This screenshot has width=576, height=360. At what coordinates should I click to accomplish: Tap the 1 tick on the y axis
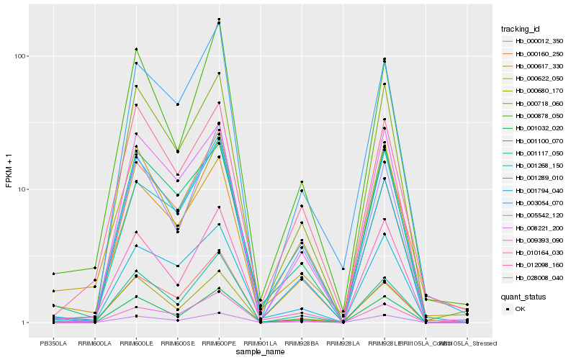pos(24,323)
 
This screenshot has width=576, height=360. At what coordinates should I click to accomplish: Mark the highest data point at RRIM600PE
pos(219,19)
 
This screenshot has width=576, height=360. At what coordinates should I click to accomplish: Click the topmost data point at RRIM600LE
pos(136,49)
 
